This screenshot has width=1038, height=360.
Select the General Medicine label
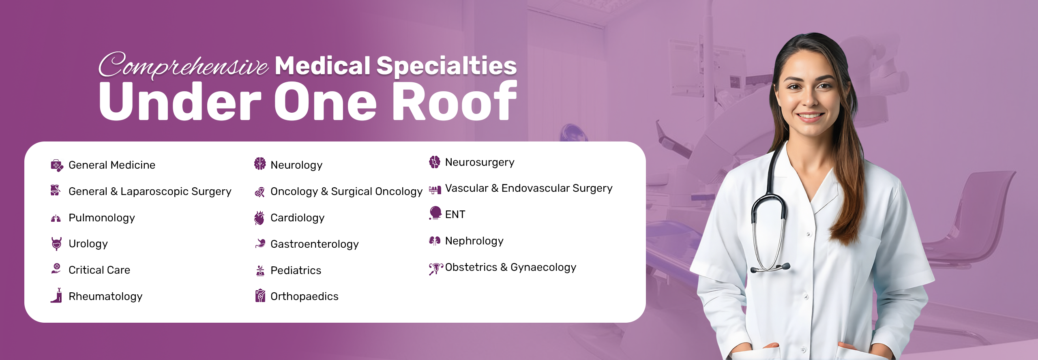[x=112, y=165]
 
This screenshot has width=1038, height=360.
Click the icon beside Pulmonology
[x=56, y=219]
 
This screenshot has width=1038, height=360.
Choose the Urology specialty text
[x=88, y=244]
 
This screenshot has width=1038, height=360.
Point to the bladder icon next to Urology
[x=56, y=244]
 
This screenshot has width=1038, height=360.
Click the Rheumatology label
[x=105, y=297]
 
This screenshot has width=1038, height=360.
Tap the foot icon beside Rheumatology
[x=57, y=296]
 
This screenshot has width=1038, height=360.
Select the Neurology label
[x=296, y=165]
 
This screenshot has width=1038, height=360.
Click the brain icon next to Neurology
[x=260, y=163]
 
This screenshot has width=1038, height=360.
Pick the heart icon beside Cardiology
[x=259, y=218]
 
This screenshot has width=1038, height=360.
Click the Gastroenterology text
[x=315, y=244]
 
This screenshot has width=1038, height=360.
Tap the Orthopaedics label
[x=305, y=296]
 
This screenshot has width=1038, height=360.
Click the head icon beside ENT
[x=435, y=213]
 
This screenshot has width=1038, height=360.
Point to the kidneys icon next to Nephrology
[x=435, y=241]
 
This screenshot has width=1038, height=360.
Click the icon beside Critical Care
[x=56, y=269]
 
